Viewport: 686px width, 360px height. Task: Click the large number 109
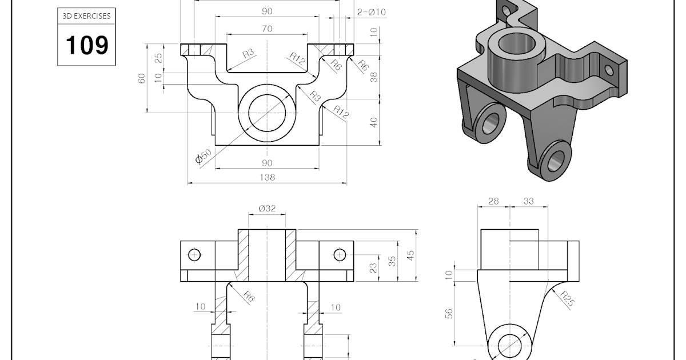(87, 45)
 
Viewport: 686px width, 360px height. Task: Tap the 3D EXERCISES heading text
(86, 17)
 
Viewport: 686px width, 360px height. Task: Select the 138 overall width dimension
(267, 177)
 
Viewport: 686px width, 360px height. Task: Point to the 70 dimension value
(267, 29)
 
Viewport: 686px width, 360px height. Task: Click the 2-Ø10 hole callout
(372, 12)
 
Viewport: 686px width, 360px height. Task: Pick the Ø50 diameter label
(204, 156)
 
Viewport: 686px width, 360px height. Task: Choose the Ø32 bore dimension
(267, 209)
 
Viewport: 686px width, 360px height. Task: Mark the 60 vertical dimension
(142, 78)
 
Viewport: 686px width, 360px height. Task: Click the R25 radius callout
(567, 298)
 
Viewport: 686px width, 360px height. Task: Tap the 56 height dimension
(449, 314)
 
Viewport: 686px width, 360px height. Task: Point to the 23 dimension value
(373, 268)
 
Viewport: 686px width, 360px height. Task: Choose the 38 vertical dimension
(374, 77)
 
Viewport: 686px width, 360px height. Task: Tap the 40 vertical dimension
(374, 122)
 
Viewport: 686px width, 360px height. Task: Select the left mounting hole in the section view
(194, 254)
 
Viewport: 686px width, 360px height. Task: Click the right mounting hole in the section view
(340, 254)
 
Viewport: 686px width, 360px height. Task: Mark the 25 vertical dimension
(159, 58)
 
